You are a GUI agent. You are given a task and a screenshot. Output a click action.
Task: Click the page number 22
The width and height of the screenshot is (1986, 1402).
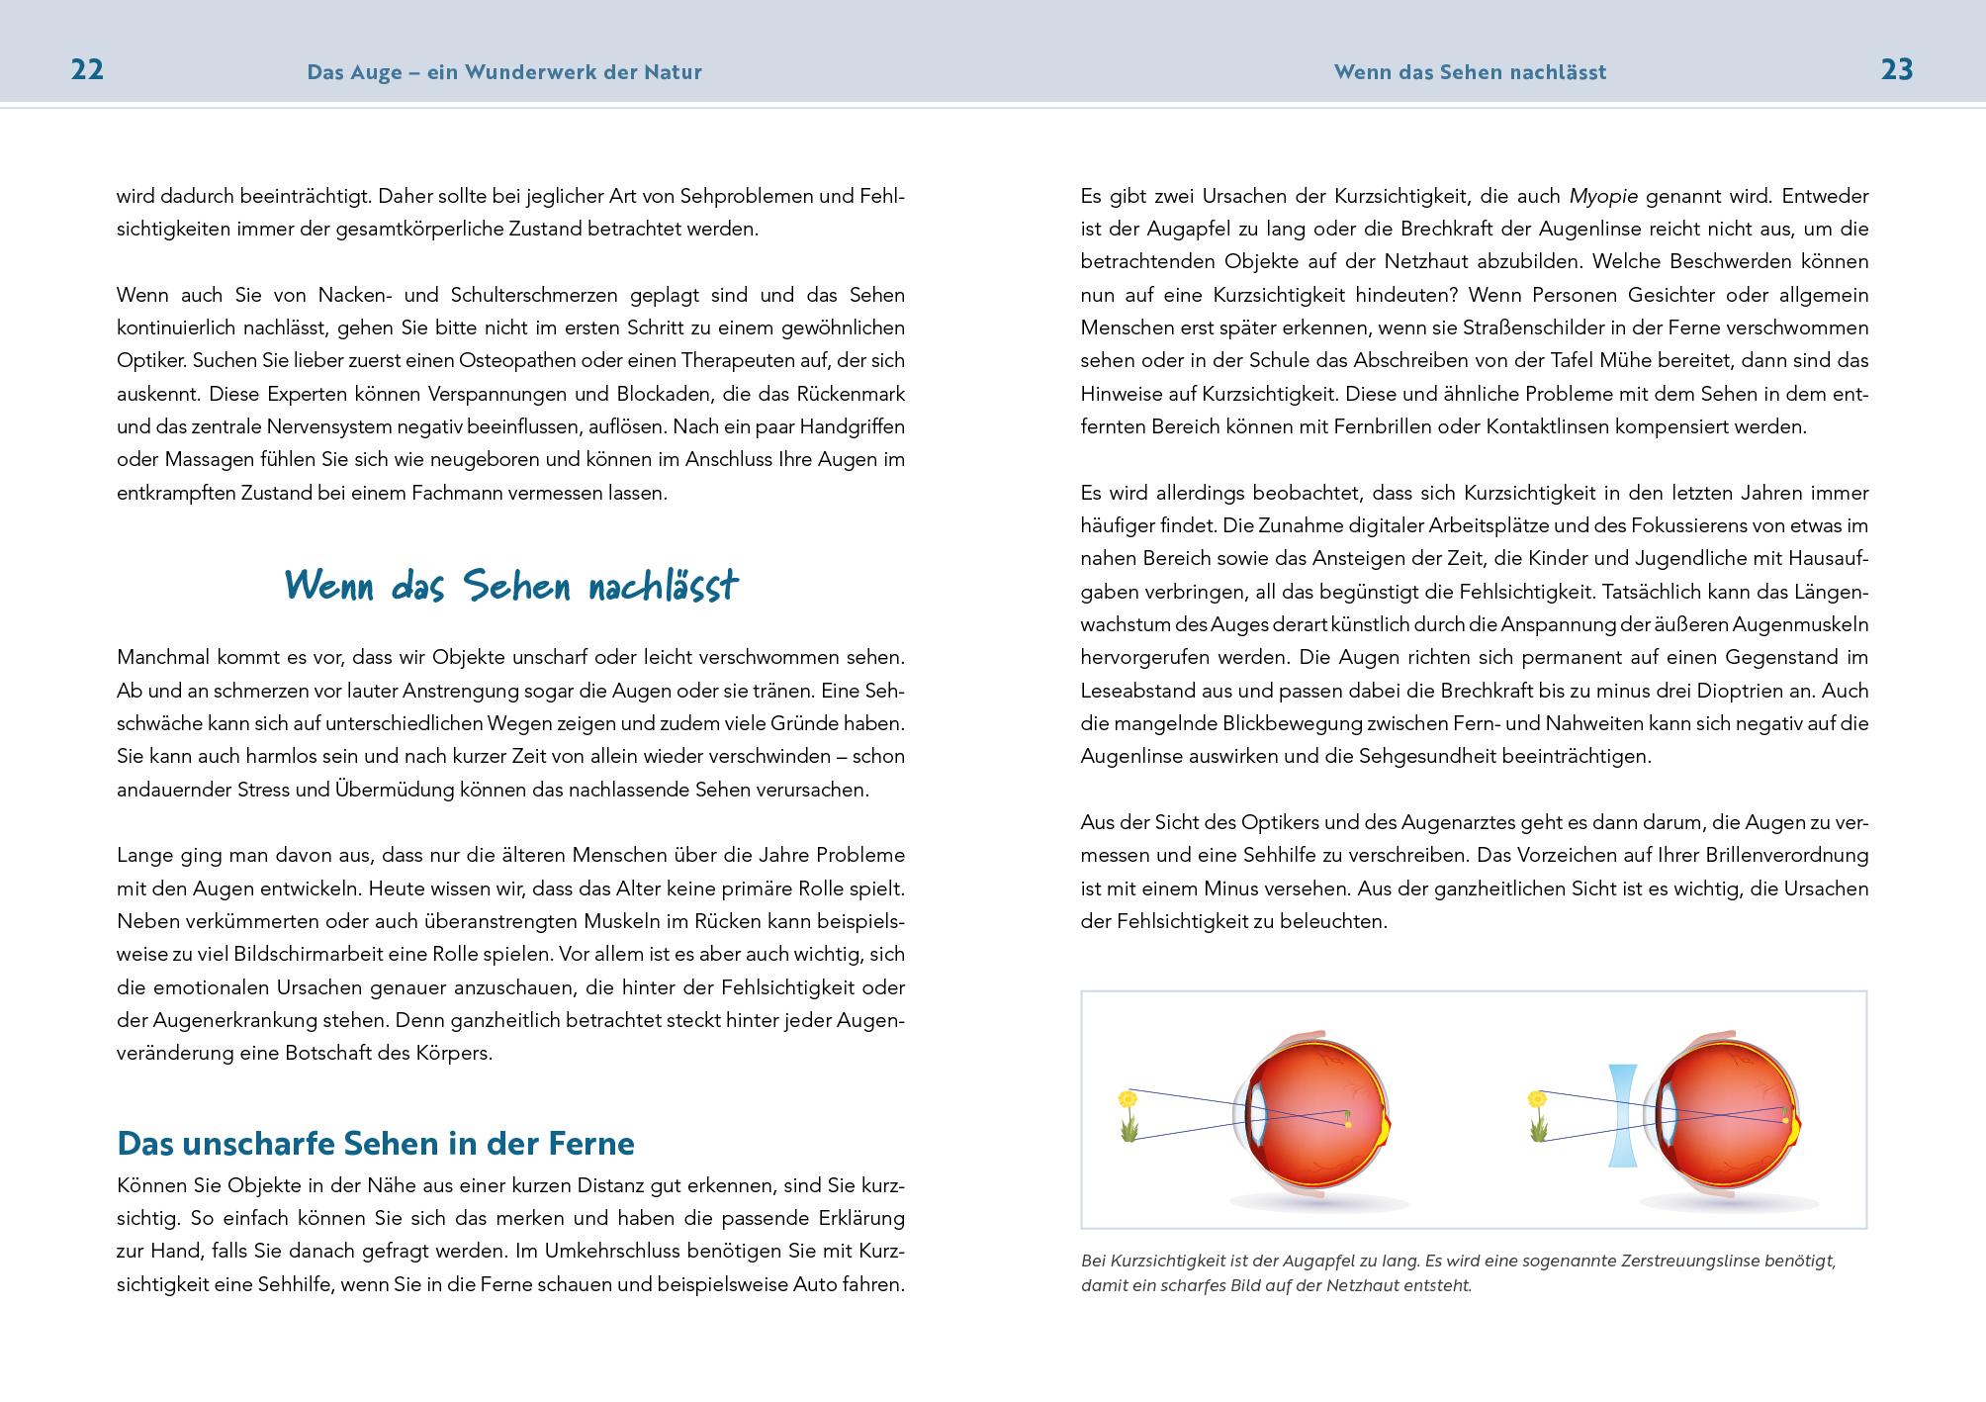tap(87, 70)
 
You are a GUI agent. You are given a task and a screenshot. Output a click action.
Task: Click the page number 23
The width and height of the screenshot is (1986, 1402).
tap(1897, 70)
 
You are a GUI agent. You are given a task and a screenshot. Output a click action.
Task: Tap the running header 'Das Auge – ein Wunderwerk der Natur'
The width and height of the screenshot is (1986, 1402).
tap(504, 72)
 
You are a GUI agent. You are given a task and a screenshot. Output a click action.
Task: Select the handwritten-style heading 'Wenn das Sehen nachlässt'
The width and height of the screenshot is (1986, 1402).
tap(511, 586)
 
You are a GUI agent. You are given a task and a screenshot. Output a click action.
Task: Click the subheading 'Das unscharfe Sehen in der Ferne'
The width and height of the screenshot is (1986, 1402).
tap(376, 1144)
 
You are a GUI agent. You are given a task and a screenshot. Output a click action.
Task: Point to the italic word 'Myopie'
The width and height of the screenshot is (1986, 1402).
tap(1603, 196)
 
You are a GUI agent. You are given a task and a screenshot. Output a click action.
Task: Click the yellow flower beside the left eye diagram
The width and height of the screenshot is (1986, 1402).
tap(1128, 1098)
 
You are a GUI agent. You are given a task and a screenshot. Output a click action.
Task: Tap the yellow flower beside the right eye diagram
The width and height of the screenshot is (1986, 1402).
tap(1537, 1098)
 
